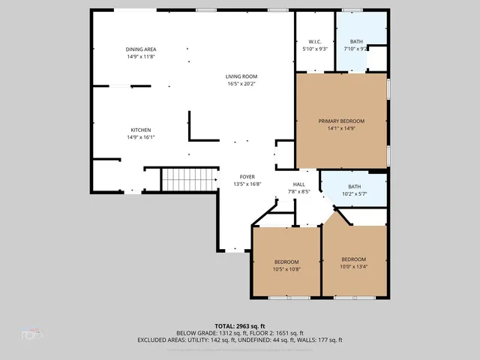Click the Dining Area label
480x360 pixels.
(x=141, y=49)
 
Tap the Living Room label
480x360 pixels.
(x=241, y=76)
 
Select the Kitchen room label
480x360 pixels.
(x=141, y=130)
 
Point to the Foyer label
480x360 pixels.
(x=247, y=177)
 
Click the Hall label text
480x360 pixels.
(x=299, y=184)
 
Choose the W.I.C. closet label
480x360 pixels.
(x=314, y=42)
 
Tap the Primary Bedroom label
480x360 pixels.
(x=341, y=121)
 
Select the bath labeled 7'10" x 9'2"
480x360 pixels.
(x=356, y=45)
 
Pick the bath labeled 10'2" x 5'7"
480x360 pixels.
(x=355, y=190)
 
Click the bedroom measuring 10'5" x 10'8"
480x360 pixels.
(x=286, y=265)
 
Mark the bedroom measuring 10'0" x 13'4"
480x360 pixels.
(x=354, y=262)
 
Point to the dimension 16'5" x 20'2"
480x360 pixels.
(x=241, y=84)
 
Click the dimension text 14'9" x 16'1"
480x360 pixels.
(x=141, y=137)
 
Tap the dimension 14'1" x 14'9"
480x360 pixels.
(x=341, y=128)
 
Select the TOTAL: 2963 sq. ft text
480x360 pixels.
(x=239, y=326)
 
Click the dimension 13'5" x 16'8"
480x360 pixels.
(x=247, y=184)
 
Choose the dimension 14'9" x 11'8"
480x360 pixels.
(x=141, y=56)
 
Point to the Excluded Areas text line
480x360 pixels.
(x=239, y=340)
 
